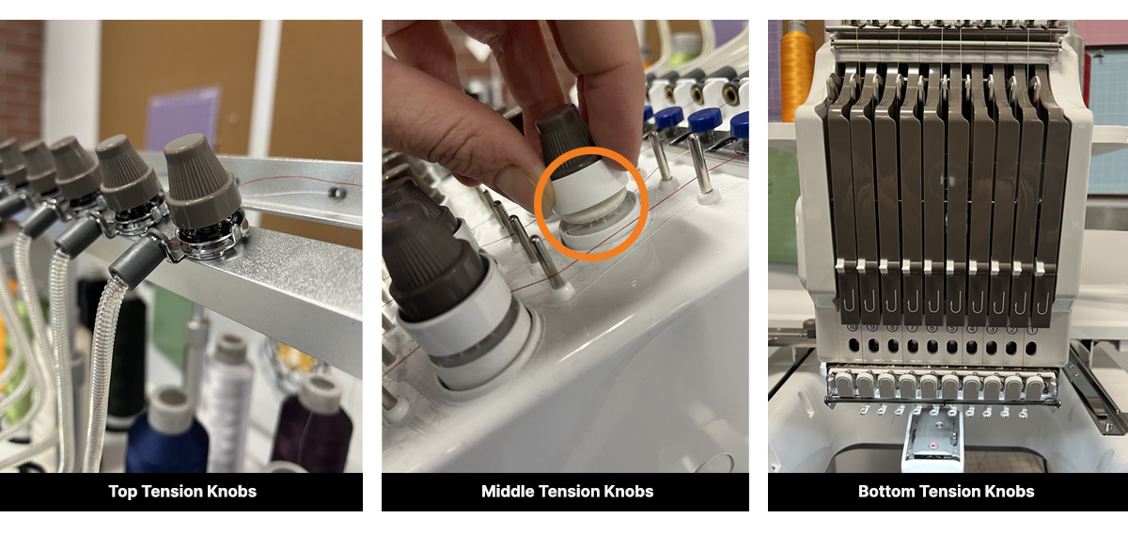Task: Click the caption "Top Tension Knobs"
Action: pos(182,492)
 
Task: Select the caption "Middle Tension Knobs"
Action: pos(567,492)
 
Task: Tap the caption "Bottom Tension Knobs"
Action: pos(946,492)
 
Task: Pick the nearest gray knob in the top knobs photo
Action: pos(202,183)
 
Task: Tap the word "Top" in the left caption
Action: pos(121,492)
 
